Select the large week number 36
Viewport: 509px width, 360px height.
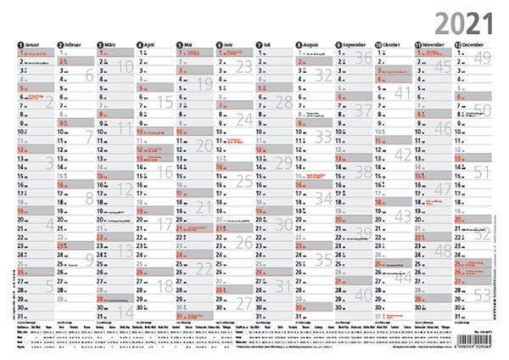[x=363, y=58]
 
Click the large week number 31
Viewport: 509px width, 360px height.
[x=283, y=285]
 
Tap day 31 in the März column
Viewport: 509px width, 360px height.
[x=100, y=317]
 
